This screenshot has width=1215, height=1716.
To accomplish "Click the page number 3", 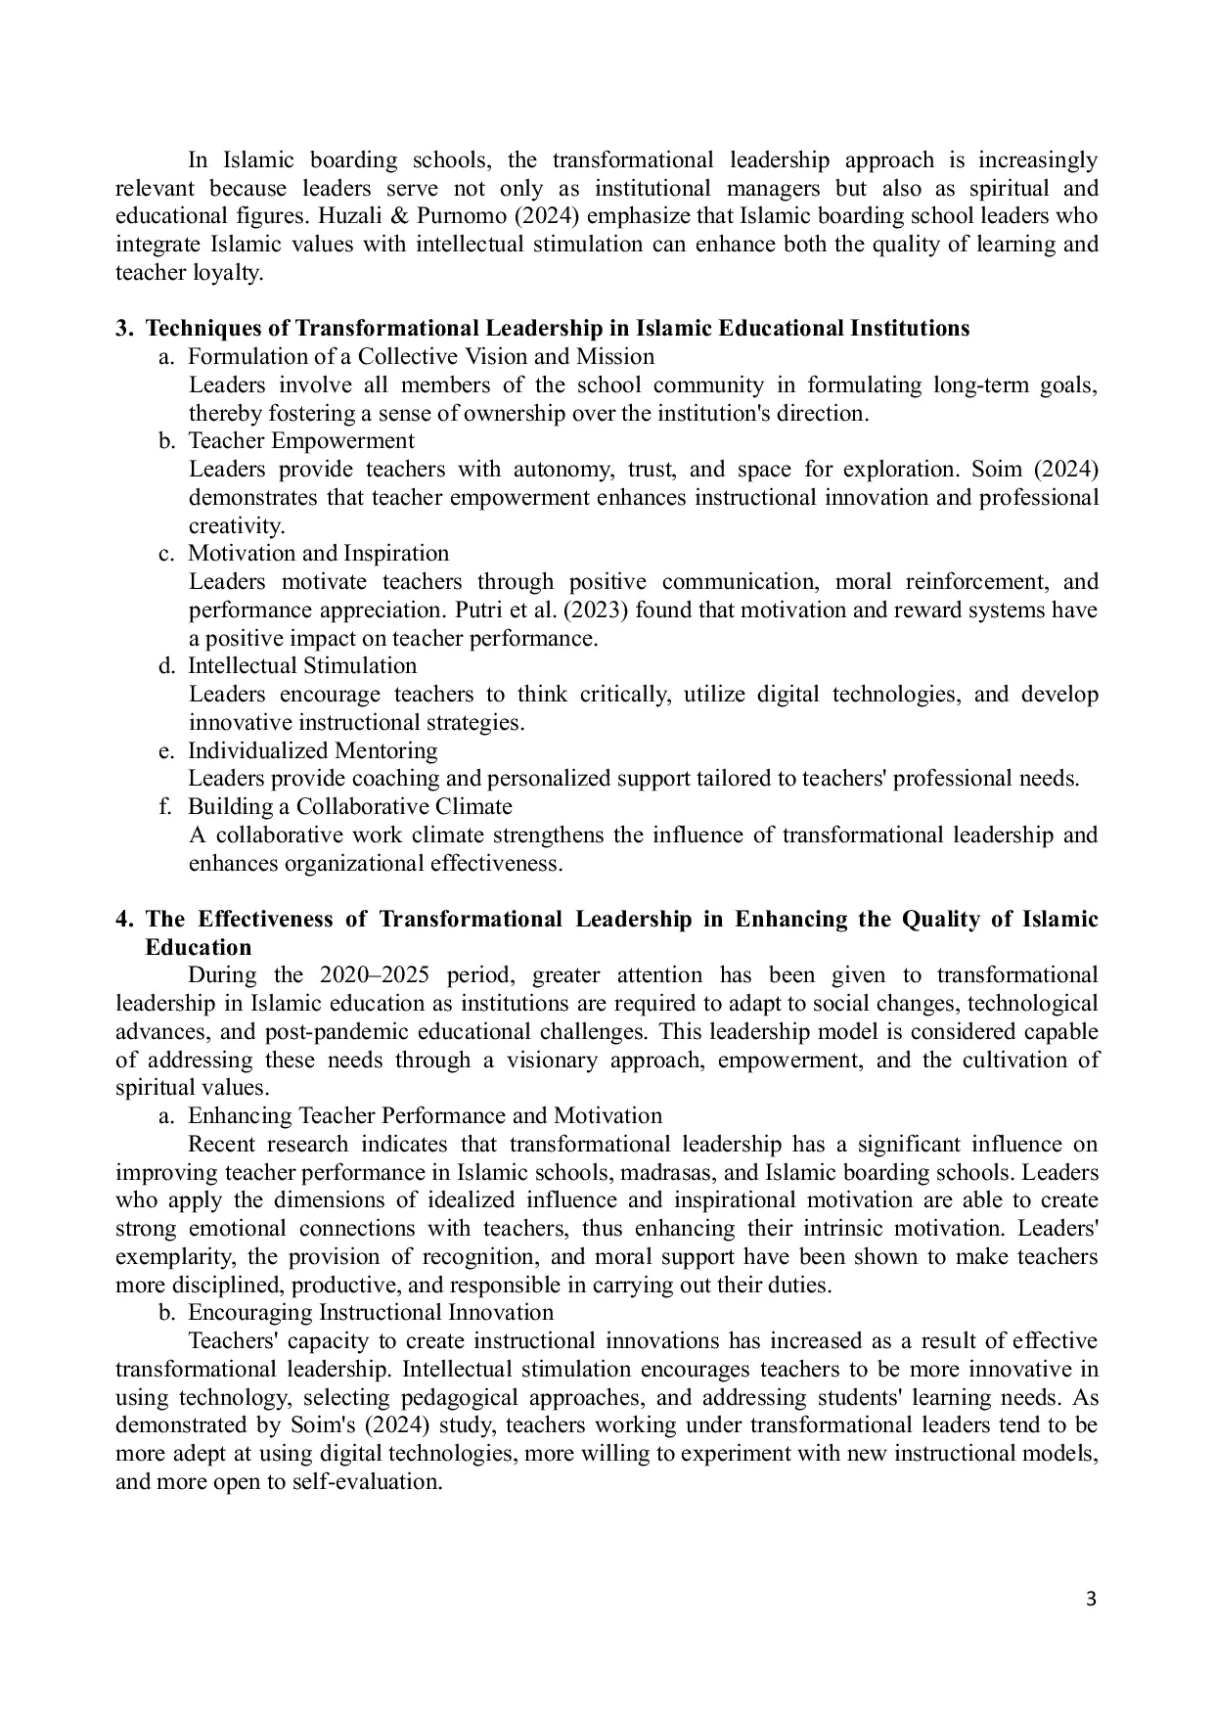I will coord(1092,1600).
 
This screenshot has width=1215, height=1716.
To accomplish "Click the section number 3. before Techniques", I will coord(124,329).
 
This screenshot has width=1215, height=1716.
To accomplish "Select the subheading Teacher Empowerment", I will coord(301,441).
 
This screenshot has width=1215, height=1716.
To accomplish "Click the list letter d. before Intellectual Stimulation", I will coord(166,666).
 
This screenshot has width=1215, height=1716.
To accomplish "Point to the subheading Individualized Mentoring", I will coord(312,751).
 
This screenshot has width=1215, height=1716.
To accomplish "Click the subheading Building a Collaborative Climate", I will coord(349,807).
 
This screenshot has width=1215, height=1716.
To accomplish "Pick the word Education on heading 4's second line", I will coord(198,948).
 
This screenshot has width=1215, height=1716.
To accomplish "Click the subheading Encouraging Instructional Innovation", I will coord(371,1313).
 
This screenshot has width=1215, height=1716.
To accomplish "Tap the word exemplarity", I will coord(172,1257).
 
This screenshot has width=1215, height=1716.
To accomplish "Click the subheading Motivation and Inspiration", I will coord(318,554).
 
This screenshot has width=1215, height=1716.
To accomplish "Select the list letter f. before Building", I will coord(166,807).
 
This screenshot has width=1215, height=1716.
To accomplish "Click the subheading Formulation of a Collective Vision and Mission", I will coord(421,357).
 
